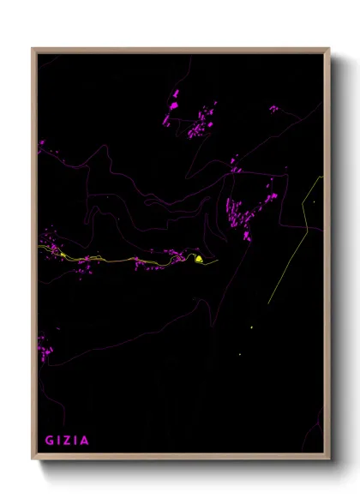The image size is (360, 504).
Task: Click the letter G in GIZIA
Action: (x=50, y=441)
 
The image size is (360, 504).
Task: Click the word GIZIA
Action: (x=67, y=441)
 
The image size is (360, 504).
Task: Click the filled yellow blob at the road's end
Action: (x=198, y=258)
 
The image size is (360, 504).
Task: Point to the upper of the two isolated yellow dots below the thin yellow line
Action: (x=251, y=327)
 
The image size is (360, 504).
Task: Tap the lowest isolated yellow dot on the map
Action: (x=239, y=354)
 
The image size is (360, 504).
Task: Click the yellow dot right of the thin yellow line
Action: (x=314, y=202)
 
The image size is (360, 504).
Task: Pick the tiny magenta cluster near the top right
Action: (x=273, y=109)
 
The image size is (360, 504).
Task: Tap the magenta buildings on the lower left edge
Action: (x=43, y=347)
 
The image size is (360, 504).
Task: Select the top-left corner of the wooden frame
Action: (x=33, y=49)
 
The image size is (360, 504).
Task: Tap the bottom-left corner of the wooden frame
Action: (x=33, y=459)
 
